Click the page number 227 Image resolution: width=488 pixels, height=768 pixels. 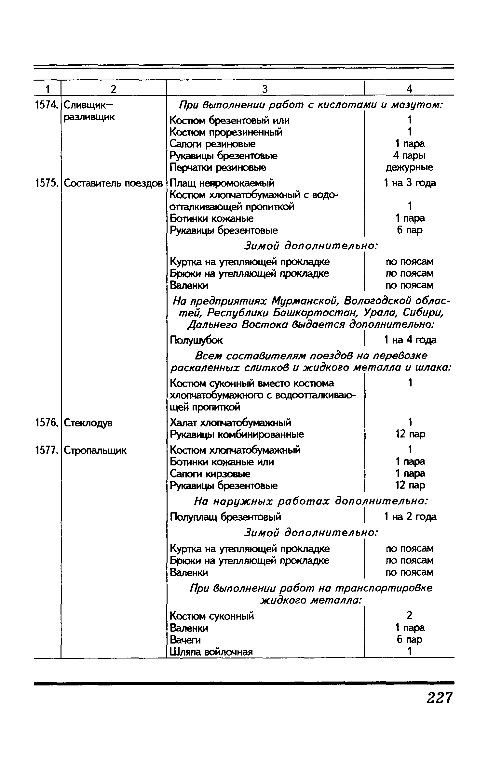pyautogui.click(x=440, y=698)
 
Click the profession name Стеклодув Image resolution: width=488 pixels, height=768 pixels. pyautogui.click(x=88, y=423)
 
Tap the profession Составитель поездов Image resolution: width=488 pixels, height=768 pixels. pyautogui.click(x=113, y=183)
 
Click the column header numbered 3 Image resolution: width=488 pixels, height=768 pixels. pyautogui.click(x=265, y=89)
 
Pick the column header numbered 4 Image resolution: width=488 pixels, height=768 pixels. pyautogui.click(x=409, y=89)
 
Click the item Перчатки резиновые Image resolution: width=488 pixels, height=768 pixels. pyautogui.click(x=218, y=168)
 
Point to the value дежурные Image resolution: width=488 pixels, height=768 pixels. pyautogui.click(x=409, y=168)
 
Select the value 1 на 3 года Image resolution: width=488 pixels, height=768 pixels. pyautogui.click(x=410, y=183)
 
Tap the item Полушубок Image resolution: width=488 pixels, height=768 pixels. pyautogui.click(x=197, y=340)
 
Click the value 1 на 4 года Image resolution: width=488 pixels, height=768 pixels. pyautogui.click(x=410, y=340)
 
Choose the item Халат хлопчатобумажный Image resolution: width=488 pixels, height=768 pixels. pyautogui.click(x=231, y=423)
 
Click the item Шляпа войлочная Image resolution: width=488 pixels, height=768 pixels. pyautogui.click(x=211, y=652)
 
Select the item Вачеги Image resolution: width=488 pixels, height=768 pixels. pyautogui.click(x=185, y=640)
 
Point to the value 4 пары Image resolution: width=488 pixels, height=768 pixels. pyautogui.click(x=409, y=156)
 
